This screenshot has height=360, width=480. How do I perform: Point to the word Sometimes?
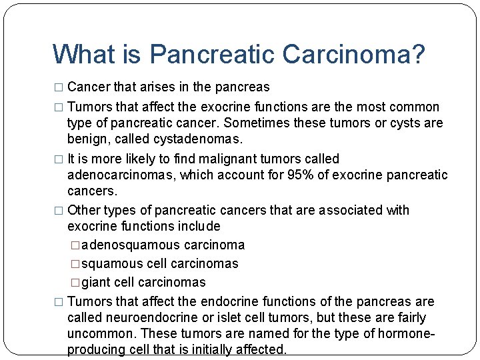pyautogui.click(x=254, y=123)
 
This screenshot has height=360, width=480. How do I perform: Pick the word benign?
pyautogui.click(x=87, y=139)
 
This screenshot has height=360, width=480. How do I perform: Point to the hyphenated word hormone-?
pyautogui.click(x=408, y=334)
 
